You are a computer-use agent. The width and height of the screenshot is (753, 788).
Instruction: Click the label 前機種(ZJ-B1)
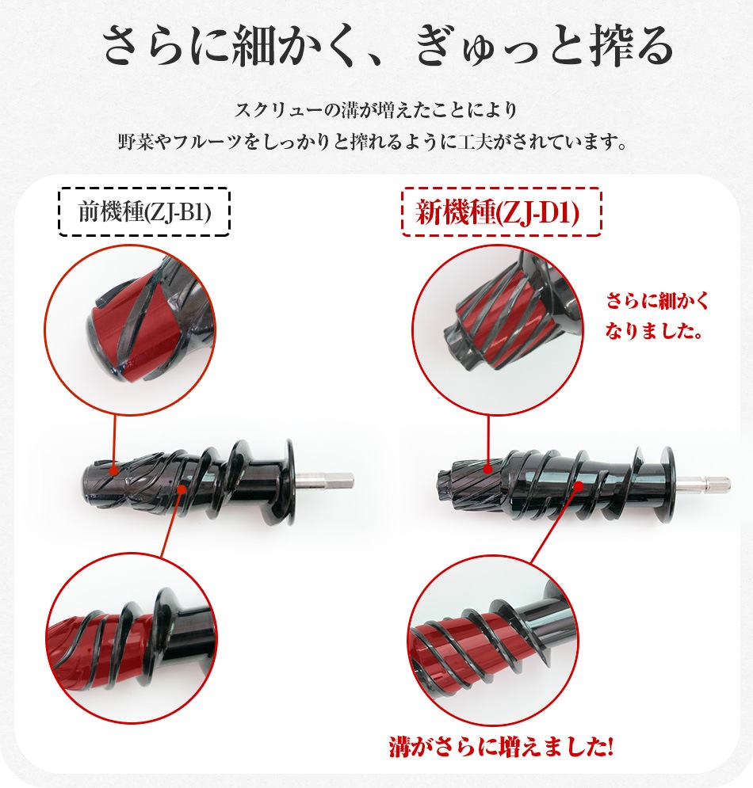point(144,212)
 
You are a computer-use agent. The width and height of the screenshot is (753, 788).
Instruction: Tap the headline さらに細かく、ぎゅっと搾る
point(388,46)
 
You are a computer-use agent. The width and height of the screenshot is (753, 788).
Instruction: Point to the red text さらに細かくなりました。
point(656,316)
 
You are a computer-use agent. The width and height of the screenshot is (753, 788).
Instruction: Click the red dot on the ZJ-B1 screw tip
point(114,471)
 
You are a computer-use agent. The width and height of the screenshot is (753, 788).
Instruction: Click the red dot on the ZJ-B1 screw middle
point(182,488)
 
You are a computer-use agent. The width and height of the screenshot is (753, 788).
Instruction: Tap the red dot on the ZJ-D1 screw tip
point(488,470)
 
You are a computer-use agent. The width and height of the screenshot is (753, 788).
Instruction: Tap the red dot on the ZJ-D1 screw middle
point(579,486)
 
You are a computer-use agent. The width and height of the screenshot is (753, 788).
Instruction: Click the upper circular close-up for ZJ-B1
point(130,330)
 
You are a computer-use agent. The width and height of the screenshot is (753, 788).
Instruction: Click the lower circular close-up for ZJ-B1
point(132,638)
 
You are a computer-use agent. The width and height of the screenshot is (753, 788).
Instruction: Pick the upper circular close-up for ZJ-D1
point(498,330)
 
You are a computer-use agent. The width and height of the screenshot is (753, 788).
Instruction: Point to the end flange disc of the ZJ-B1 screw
point(290,482)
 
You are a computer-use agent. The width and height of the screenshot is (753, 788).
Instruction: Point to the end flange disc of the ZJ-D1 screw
point(668,485)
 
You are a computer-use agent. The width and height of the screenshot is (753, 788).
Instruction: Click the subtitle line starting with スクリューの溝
point(376,109)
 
